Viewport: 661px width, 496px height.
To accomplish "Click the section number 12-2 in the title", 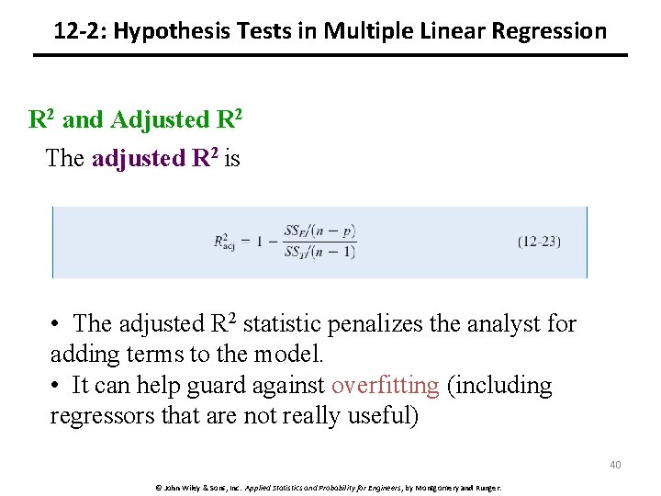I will (x=77, y=31).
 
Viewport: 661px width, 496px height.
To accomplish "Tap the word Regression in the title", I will (x=549, y=31).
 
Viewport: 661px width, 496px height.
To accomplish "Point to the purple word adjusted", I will (x=138, y=158).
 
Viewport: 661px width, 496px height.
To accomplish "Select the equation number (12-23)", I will (x=539, y=242).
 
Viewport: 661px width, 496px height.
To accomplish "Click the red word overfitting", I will (x=385, y=386).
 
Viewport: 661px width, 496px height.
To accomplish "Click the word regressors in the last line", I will (x=97, y=416).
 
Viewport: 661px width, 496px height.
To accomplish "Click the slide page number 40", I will (x=615, y=465).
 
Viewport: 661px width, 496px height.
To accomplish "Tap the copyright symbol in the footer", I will (x=157, y=487).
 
